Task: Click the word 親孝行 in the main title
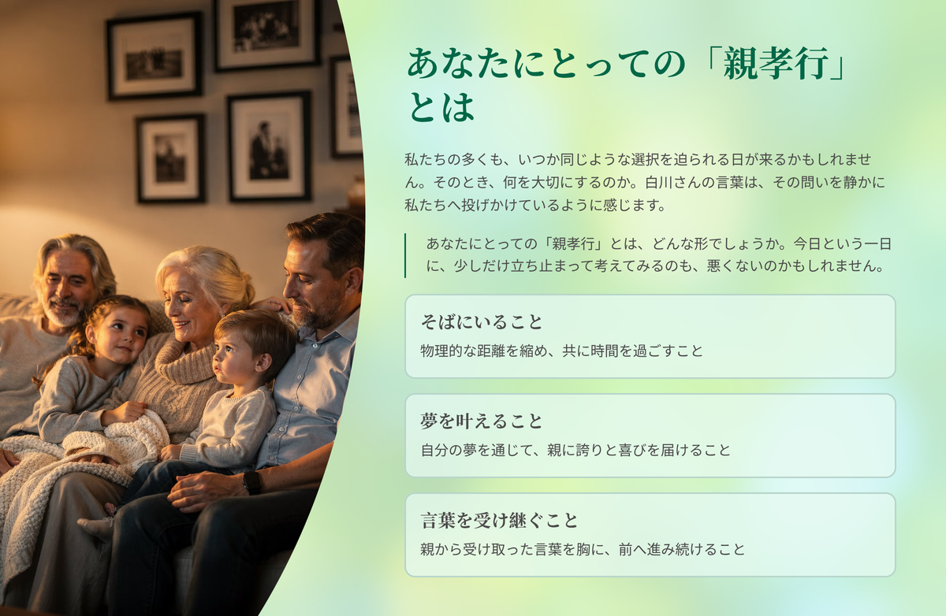tap(776, 64)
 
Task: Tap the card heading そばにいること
tap(481, 322)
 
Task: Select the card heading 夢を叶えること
tap(481, 421)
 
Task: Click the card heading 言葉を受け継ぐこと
tap(499, 521)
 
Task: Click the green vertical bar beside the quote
tap(405, 255)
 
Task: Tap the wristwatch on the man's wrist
tap(252, 483)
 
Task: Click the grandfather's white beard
tap(64, 312)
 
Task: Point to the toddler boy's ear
tap(264, 363)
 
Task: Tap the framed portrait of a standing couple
tap(270, 146)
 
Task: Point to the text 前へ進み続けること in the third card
tap(682, 549)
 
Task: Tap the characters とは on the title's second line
tap(441, 107)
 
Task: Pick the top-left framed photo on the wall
tap(155, 56)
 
